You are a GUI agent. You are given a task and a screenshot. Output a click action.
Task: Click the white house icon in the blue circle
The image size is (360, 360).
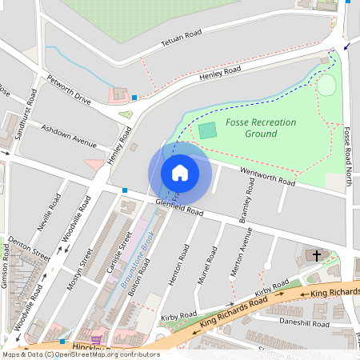(x=180, y=173)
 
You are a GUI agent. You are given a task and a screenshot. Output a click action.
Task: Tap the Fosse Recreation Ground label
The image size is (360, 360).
(x=261, y=128)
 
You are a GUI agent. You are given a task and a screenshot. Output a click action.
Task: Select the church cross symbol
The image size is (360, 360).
(x=316, y=256)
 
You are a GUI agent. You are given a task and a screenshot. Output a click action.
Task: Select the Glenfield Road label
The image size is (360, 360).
(x=180, y=209)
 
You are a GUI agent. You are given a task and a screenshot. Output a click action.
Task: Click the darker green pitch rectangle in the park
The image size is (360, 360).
(x=207, y=130)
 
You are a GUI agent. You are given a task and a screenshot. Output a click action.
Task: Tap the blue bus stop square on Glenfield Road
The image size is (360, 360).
(x=125, y=190)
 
